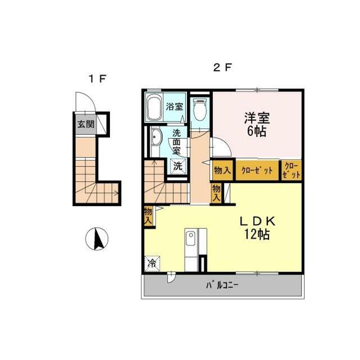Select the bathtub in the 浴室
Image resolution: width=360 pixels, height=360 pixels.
pos(154,106)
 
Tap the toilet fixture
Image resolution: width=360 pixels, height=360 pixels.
pos(199,109)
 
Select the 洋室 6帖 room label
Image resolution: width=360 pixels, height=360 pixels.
pos(257,125)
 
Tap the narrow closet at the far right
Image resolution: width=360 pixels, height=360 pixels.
pos(292,170)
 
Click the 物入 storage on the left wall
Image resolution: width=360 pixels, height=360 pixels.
pos(148,215)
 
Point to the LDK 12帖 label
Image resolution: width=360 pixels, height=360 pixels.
pos(257,228)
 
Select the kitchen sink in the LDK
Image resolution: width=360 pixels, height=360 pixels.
pos(190,239)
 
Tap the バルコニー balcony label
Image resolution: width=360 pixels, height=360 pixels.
pos(223,286)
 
